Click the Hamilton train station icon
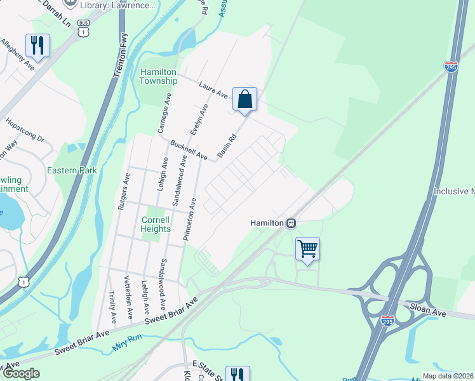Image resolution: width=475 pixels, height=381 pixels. pos(291,223)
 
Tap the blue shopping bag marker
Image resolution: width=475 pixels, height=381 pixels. pos(244,100)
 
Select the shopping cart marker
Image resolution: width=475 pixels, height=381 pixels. pos(307,248)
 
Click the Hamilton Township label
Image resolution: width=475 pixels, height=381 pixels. pos(158,76)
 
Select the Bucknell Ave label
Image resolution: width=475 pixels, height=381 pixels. pos(189,150)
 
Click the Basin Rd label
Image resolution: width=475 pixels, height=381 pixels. pos(227,145)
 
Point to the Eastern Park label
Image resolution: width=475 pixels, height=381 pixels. pos(72,170)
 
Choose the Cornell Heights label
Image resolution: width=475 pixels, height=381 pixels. pos(156,224)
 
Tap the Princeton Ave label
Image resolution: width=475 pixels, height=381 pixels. pos(190,219)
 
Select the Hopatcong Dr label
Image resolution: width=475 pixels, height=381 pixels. pos(24,129)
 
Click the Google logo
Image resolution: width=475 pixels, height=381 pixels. pos(20,373)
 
